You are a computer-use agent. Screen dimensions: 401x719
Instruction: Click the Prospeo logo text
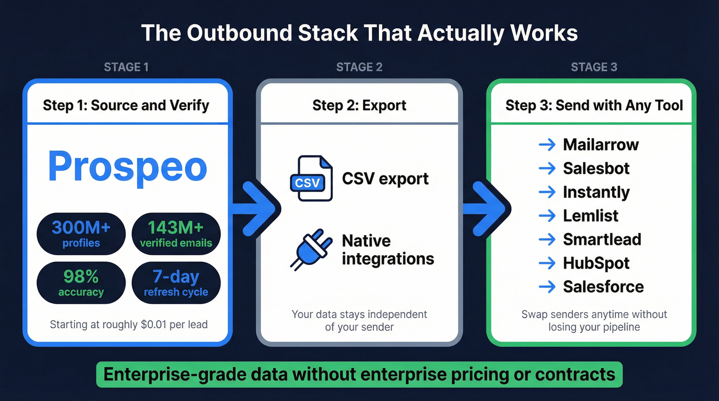(127, 166)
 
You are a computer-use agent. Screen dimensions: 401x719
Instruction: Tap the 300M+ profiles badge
(81, 234)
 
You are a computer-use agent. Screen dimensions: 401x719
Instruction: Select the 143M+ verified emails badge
(176, 234)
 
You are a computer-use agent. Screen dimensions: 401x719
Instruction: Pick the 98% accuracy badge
(81, 283)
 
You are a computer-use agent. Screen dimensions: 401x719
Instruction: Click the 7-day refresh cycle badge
(176, 283)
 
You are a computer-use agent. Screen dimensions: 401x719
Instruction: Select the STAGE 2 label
(359, 67)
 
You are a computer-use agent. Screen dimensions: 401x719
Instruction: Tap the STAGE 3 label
(594, 67)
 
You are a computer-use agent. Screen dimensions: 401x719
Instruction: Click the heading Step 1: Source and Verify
(126, 106)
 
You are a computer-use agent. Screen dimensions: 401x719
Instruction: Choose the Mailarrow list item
(600, 145)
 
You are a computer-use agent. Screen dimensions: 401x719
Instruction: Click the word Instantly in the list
(596, 192)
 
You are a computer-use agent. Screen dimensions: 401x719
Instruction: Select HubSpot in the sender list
(596, 263)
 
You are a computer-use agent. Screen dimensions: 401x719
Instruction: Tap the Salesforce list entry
(603, 287)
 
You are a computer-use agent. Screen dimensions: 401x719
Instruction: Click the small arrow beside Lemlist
(547, 216)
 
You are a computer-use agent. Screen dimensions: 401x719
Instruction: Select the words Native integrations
(387, 250)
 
